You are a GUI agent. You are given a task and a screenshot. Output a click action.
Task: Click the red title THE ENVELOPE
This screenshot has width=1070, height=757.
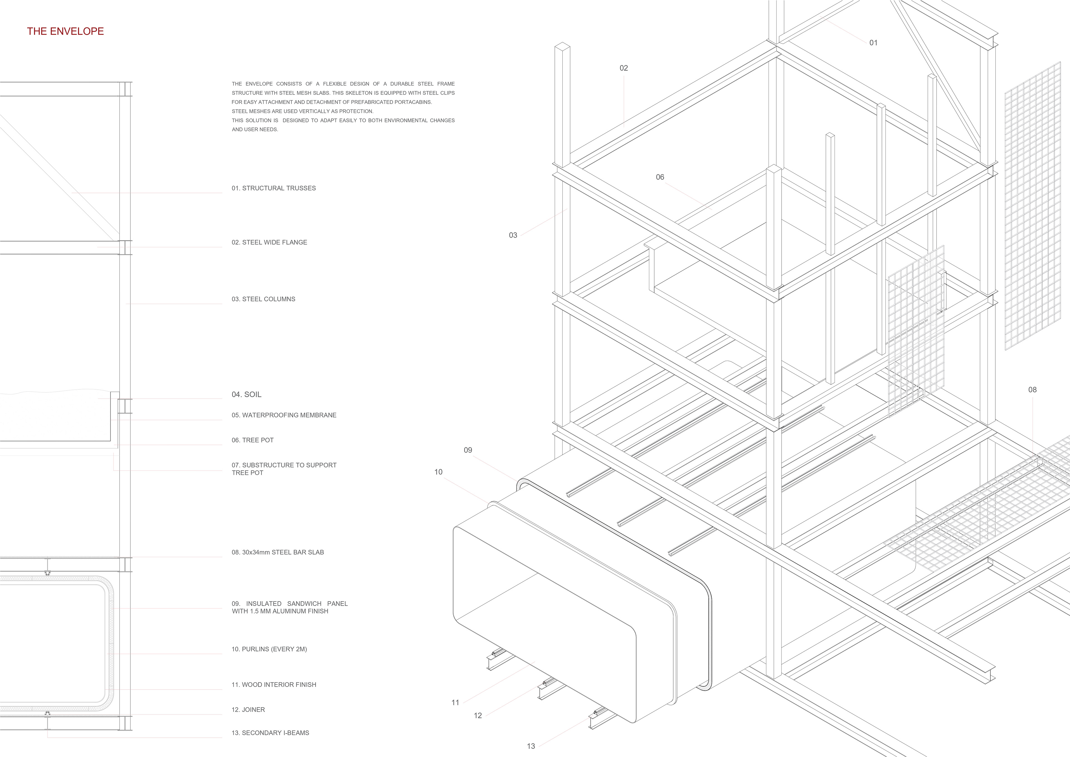tap(65, 31)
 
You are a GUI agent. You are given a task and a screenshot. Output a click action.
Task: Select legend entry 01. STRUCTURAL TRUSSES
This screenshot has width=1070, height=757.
tap(274, 188)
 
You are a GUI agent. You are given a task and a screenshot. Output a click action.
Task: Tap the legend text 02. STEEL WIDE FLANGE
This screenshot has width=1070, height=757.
tap(269, 242)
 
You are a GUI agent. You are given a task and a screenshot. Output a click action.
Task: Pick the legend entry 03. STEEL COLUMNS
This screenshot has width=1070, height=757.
tap(263, 299)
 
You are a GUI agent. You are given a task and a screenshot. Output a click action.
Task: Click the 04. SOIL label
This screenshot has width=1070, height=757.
tap(247, 394)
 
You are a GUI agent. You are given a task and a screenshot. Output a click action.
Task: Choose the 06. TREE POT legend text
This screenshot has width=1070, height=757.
tap(252, 440)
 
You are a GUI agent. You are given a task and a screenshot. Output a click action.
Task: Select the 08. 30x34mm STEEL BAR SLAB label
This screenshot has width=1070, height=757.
tap(278, 552)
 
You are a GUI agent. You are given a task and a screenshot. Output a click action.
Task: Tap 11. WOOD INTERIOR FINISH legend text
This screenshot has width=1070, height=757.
tap(274, 685)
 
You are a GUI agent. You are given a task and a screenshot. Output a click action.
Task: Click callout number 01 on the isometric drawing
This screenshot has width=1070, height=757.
tap(873, 43)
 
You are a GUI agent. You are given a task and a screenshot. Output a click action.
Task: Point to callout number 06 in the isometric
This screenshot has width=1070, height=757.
tap(660, 177)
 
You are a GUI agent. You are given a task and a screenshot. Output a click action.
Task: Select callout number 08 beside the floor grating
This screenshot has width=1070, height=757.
tap(1032, 390)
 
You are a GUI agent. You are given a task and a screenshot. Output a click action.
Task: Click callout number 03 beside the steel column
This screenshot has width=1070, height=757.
tap(513, 236)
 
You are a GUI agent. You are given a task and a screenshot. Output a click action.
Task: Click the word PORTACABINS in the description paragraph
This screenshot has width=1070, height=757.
tap(413, 102)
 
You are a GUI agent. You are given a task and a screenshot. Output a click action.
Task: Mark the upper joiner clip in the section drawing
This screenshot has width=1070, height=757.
tap(48, 572)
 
